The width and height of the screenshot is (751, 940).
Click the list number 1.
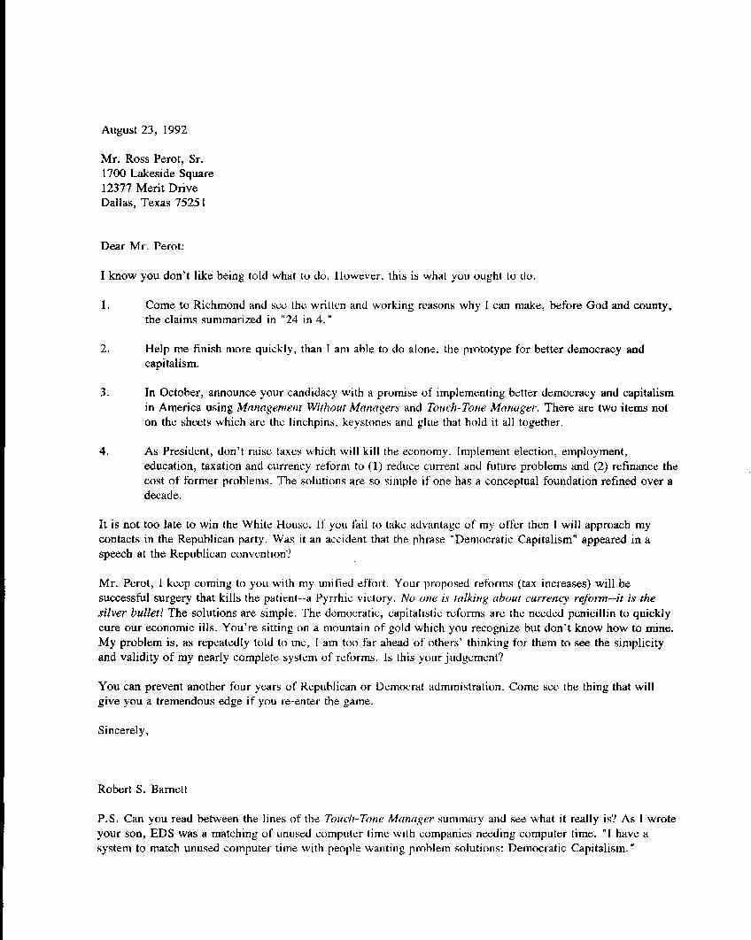click(x=105, y=305)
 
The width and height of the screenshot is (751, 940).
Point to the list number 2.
click(x=105, y=349)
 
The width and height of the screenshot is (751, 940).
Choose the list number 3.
click(x=105, y=392)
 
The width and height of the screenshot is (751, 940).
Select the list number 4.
click(x=105, y=451)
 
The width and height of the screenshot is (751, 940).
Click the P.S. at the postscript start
click(x=109, y=819)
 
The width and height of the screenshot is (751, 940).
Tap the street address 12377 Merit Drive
click(x=151, y=188)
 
